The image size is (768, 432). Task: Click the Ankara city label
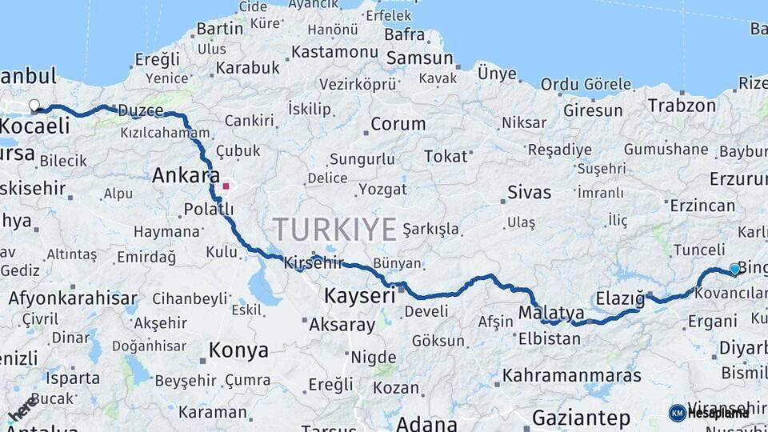point(186,175)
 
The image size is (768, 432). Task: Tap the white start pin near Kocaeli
point(34,105)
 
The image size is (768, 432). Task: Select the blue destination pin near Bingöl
point(734,270)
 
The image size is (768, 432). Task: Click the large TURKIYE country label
point(334,230)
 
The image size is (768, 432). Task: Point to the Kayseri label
point(360,296)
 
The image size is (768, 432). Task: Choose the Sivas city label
point(529,192)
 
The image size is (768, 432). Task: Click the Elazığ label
point(620,298)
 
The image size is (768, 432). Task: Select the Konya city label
point(238,350)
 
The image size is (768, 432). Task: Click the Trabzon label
point(682,105)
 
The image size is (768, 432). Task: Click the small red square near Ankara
point(226,186)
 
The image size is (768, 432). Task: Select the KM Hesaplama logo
point(709,413)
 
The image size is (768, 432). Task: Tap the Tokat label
point(445,156)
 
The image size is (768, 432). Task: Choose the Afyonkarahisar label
point(73,298)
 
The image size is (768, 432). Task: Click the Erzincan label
point(702,206)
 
